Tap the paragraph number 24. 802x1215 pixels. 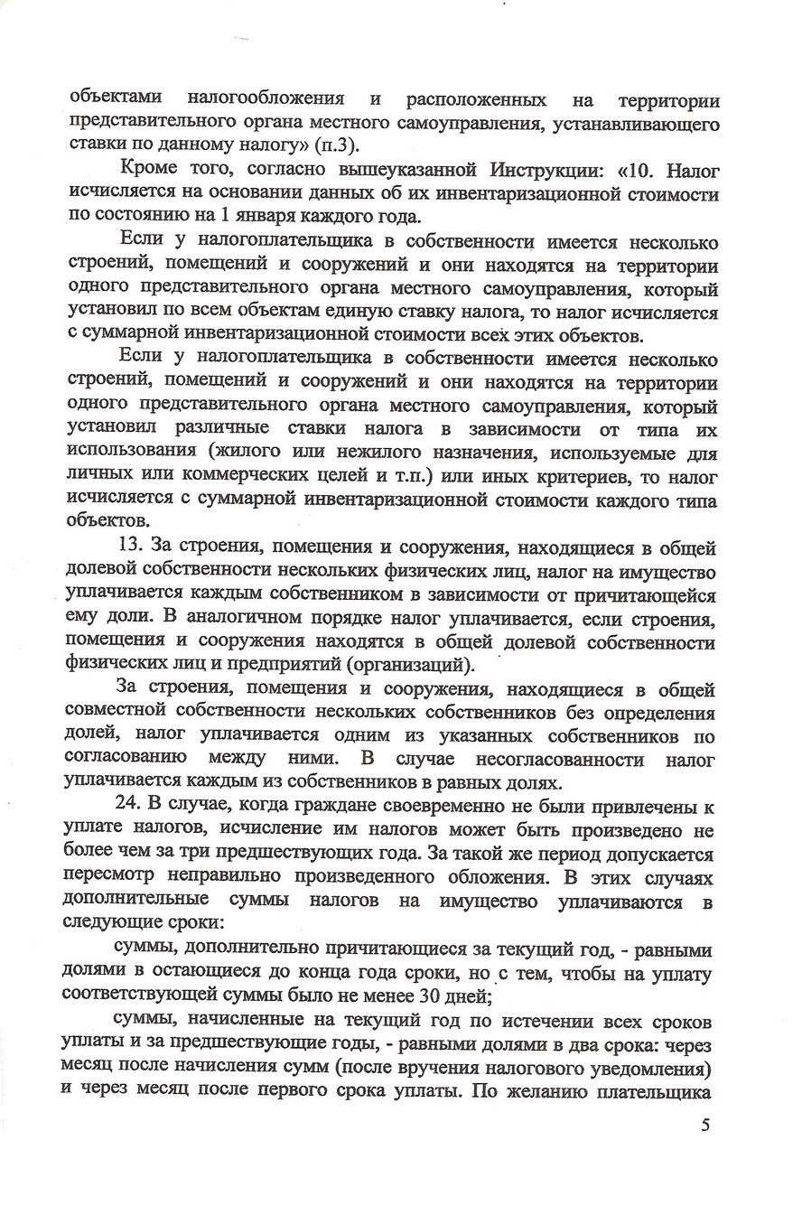point(133,806)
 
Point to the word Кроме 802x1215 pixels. point(145,172)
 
